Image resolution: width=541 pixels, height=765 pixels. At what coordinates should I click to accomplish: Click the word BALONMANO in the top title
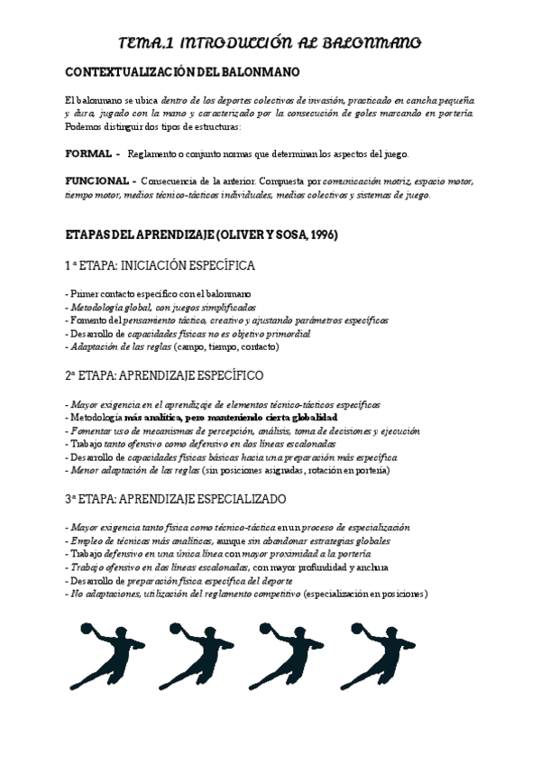[x=371, y=42]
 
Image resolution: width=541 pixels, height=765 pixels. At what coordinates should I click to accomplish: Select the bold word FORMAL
[x=89, y=153]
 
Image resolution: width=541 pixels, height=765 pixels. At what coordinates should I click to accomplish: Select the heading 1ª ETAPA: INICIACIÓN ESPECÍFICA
[x=160, y=266]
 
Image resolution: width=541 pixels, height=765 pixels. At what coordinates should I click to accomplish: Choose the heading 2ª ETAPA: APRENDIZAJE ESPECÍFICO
[x=165, y=374]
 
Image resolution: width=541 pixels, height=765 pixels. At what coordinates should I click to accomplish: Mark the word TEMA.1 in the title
[x=148, y=42]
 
